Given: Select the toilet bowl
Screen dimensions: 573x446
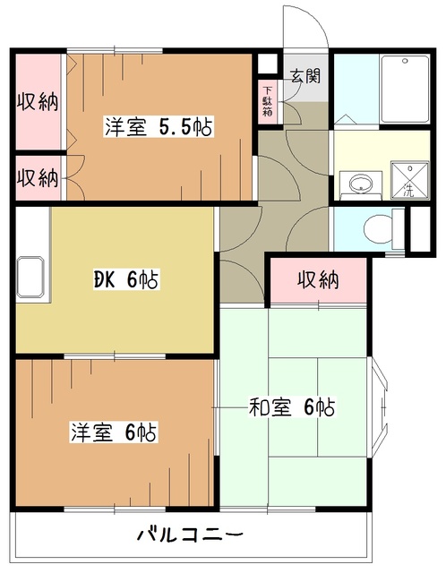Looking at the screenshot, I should (x=381, y=228).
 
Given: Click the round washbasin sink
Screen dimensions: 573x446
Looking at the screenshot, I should (x=359, y=184).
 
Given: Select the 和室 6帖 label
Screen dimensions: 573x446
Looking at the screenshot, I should (x=291, y=408).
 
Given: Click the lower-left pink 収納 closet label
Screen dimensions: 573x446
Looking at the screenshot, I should (x=38, y=177).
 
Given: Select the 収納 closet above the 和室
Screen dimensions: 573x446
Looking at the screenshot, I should (x=318, y=280).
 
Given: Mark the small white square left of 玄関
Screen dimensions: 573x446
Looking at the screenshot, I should (x=265, y=64).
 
